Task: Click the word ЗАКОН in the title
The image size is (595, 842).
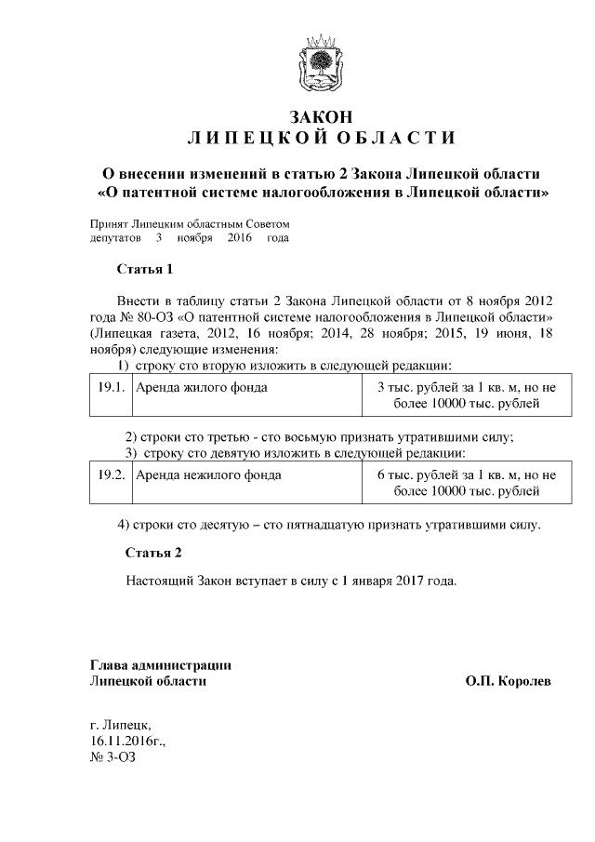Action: click(x=322, y=118)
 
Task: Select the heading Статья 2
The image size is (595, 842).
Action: click(x=153, y=552)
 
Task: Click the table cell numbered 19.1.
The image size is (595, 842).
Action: click(x=112, y=387)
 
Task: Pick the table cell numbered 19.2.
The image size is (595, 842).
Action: click(x=112, y=474)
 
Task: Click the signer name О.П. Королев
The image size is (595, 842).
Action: click(x=508, y=681)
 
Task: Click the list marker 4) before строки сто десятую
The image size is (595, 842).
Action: click(x=125, y=524)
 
